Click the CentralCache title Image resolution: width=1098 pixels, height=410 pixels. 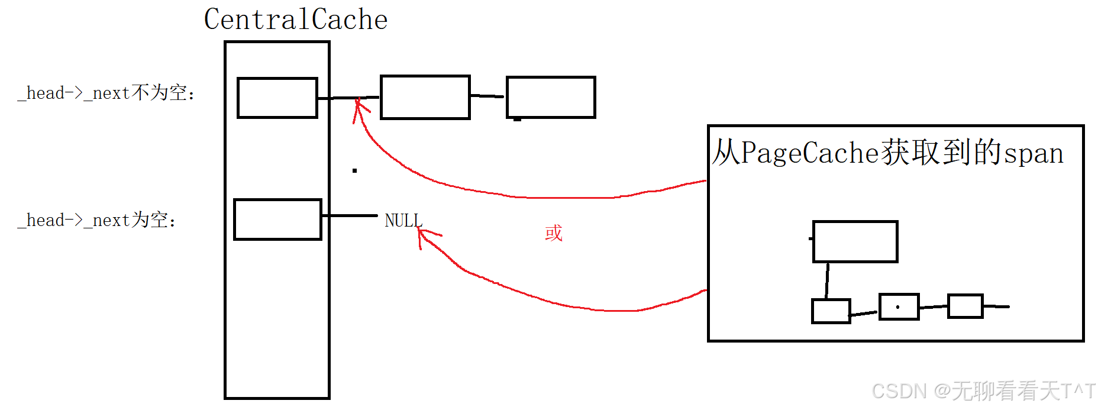coord(296,20)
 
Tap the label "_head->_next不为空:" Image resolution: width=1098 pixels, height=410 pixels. coord(106,93)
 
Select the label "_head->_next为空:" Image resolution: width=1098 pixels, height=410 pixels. coord(97,220)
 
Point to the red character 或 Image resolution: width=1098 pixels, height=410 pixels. coord(554,233)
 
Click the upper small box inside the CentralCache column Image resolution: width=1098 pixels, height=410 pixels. coord(277,98)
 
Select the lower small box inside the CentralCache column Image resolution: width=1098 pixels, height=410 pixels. coord(277,219)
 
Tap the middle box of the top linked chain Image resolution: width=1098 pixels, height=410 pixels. coord(425,98)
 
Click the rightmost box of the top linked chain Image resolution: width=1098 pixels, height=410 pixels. coord(551,97)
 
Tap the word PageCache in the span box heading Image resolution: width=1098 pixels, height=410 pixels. coord(810,153)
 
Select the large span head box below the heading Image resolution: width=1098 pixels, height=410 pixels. coord(855,241)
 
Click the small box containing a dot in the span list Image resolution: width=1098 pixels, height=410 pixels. coord(899,306)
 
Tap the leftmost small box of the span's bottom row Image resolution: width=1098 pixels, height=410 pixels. coord(831,311)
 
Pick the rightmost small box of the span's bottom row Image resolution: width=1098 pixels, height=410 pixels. coord(965,306)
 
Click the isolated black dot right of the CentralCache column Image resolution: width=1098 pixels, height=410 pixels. coord(354,170)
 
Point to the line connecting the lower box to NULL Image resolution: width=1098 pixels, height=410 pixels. coord(350,216)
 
